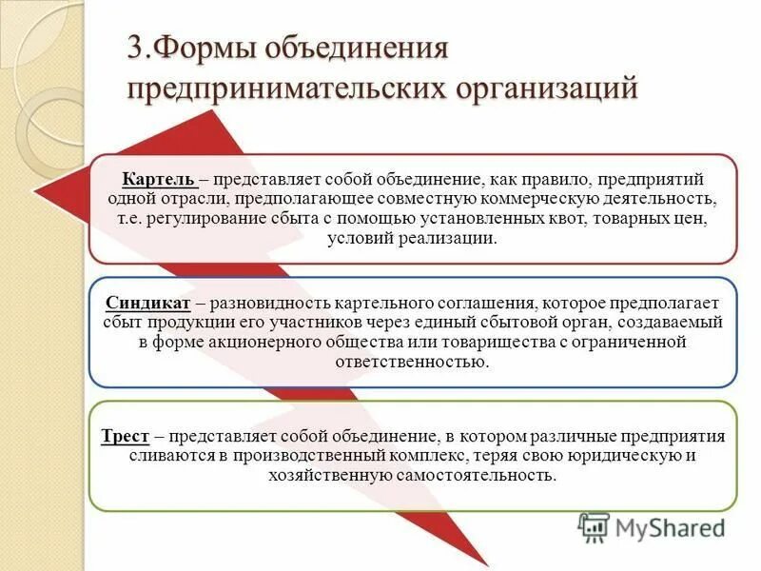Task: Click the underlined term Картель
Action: (159, 179)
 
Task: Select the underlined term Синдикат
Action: (147, 303)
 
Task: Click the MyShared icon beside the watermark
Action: (595, 526)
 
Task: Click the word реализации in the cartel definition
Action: (444, 239)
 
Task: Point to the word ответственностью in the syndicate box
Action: (412, 363)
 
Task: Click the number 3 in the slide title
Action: (136, 49)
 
